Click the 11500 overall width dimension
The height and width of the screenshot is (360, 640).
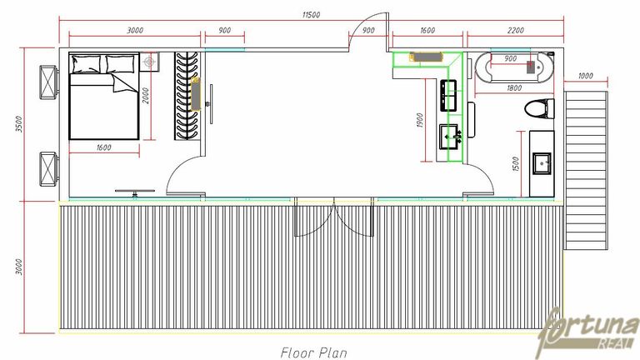tap(311, 15)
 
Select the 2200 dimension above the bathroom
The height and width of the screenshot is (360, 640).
tap(516, 30)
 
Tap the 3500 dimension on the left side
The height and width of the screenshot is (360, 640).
tap(18, 124)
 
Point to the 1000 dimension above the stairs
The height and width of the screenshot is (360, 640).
tap(585, 76)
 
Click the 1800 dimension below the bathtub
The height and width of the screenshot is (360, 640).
tap(514, 87)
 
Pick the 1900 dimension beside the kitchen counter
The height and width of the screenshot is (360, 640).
tap(420, 120)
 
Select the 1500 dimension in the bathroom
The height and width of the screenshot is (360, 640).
tap(515, 164)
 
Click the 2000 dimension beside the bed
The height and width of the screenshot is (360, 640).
tap(146, 96)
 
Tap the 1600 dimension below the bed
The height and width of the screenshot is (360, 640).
tap(103, 147)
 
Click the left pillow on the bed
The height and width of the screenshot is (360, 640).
tap(85, 63)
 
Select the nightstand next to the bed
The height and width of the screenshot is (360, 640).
tap(149, 62)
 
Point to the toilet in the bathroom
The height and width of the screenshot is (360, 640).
tap(539, 109)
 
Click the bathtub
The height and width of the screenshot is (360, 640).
tap(515, 67)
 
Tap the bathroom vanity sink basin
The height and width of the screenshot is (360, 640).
tap(542, 163)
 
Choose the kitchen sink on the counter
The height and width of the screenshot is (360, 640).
tap(449, 137)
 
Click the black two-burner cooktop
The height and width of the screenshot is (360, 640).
tap(448, 96)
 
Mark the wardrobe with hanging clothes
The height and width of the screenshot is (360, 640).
tap(187, 96)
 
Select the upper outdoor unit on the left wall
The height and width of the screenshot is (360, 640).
tap(49, 82)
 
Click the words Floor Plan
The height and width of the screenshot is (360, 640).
tap(313, 352)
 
